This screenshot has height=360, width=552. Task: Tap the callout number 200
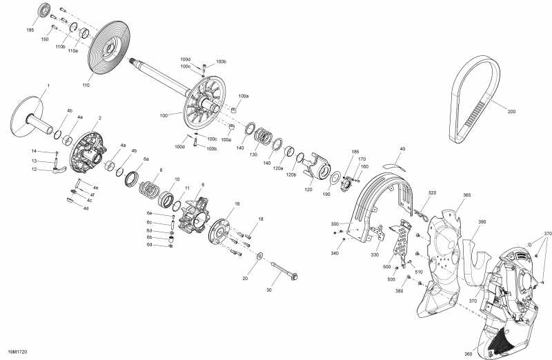pyautogui.click(x=511, y=111)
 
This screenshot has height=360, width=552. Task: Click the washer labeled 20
pyautogui.click(x=259, y=257)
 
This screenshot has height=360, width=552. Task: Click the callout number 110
pyautogui.click(x=86, y=86)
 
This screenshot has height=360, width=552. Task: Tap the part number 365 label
pyautogui.click(x=467, y=196)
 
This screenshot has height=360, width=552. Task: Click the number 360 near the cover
pyautogui.click(x=468, y=354)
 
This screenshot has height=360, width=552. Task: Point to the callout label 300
pyautogui.click(x=335, y=224)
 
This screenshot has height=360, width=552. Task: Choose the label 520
pyautogui.click(x=433, y=192)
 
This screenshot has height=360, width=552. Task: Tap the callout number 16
pyautogui.click(x=237, y=204)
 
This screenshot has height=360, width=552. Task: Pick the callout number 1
pyautogui.click(x=48, y=85)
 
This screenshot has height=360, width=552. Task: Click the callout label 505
pyautogui.click(x=391, y=279)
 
